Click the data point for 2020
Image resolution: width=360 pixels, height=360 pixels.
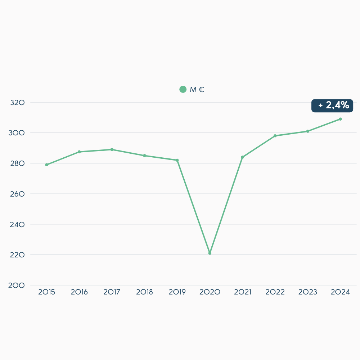click(x=210, y=253)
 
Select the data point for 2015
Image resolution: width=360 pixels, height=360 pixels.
click(x=46, y=165)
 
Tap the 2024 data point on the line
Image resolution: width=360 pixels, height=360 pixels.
click(x=340, y=119)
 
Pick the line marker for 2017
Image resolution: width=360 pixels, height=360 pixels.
click(x=112, y=149)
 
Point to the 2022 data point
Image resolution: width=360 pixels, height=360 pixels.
click(x=275, y=136)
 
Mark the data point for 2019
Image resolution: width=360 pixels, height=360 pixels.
click(x=177, y=160)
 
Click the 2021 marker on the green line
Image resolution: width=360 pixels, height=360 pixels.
click(x=242, y=157)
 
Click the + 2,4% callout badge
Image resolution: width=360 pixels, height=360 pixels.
click(x=332, y=105)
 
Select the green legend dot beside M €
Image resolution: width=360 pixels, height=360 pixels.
click(x=183, y=89)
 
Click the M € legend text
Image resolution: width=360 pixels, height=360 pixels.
click(x=197, y=90)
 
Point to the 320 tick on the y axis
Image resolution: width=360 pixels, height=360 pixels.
click(x=17, y=102)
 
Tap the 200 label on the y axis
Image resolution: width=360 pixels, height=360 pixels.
click(x=17, y=285)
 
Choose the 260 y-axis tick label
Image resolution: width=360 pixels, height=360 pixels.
click(x=17, y=194)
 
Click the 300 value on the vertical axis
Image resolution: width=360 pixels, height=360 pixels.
click(x=17, y=133)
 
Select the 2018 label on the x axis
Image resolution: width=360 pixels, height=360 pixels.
click(x=144, y=292)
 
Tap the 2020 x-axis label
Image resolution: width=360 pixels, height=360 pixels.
click(x=210, y=292)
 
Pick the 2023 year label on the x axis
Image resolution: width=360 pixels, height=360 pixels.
click(x=308, y=292)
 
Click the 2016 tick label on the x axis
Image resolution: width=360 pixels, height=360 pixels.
click(x=79, y=292)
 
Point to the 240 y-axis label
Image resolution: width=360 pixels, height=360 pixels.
click(x=17, y=224)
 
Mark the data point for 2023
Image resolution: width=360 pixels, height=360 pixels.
click(x=308, y=131)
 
